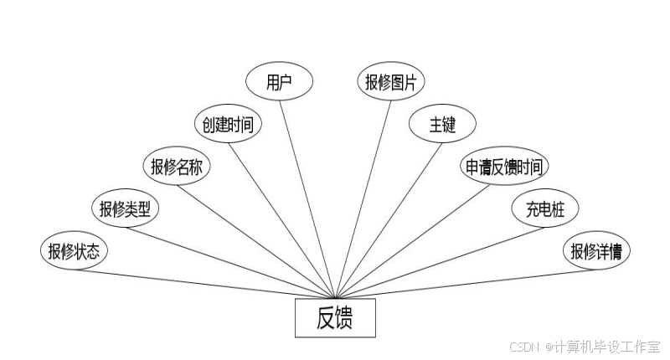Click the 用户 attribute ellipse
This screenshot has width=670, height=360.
(x=279, y=82)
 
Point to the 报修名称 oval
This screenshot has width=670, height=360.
(x=177, y=167)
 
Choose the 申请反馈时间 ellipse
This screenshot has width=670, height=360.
(x=503, y=167)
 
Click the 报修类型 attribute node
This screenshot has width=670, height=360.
(x=125, y=209)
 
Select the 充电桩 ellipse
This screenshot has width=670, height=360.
(x=545, y=209)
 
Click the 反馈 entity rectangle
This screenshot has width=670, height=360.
(x=335, y=318)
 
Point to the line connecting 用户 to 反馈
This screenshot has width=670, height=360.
(x=307, y=198)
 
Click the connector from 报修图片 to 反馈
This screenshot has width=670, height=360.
(x=363, y=198)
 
